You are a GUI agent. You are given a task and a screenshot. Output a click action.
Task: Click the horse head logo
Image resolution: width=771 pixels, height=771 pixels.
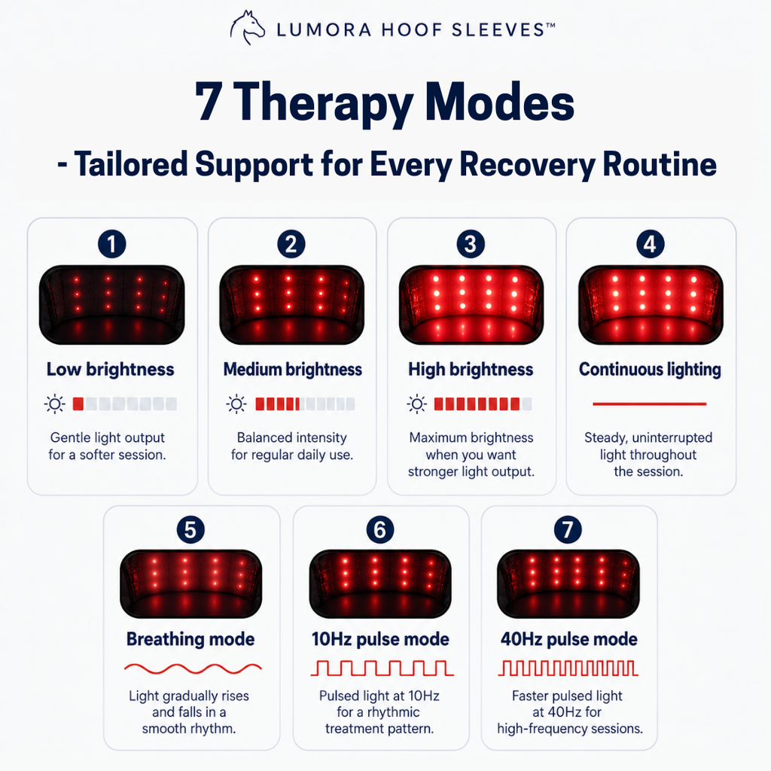click(x=247, y=28)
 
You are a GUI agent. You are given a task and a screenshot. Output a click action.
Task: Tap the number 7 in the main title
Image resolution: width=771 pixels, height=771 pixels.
click(x=208, y=101)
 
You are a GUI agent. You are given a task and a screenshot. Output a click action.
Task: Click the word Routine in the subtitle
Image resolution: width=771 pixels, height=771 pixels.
click(x=660, y=164)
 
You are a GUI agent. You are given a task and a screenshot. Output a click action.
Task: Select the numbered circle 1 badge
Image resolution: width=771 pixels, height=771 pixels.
click(x=112, y=244)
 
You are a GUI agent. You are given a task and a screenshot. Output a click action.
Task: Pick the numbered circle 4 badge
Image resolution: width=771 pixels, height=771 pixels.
click(x=650, y=244)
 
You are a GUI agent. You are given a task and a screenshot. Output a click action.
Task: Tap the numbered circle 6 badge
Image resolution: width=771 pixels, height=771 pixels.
click(x=380, y=529)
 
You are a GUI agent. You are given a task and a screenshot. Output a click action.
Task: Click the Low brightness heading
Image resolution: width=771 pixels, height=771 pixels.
click(x=110, y=369)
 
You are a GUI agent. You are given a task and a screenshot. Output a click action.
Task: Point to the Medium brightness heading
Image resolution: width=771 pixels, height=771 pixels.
click(x=293, y=369)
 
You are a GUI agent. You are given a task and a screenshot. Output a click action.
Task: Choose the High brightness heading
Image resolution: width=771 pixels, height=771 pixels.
click(x=471, y=369)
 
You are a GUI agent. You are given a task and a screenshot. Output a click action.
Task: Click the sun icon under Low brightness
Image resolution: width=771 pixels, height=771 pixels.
click(x=54, y=404)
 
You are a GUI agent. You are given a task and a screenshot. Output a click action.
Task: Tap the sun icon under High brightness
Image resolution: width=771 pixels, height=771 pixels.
click(x=417, y=404)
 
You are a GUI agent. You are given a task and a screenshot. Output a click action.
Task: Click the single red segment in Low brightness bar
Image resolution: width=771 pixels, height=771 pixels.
click(x=78, y=404)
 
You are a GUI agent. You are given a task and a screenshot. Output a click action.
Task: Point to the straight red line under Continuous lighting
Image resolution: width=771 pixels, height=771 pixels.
click(x=650, y=404)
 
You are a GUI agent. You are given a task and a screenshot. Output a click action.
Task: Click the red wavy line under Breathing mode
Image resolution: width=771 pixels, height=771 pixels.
click(x=193, y=669)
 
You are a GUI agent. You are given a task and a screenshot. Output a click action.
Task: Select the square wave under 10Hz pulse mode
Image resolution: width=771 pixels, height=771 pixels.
click(x=382, y=669)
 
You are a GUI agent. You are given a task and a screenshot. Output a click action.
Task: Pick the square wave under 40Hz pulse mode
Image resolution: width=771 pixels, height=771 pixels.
click(x=568, y=669)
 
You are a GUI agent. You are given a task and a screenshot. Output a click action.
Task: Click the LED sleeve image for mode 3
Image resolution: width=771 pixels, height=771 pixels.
click(x=471, y=304)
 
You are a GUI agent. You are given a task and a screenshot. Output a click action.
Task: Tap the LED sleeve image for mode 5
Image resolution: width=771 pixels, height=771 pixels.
click(x=190, y=584)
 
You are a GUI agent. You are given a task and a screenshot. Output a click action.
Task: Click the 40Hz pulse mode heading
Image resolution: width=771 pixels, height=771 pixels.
click(x=569, y=639)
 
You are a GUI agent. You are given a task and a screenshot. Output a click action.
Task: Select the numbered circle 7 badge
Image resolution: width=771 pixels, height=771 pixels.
click(x=568, y=529)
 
